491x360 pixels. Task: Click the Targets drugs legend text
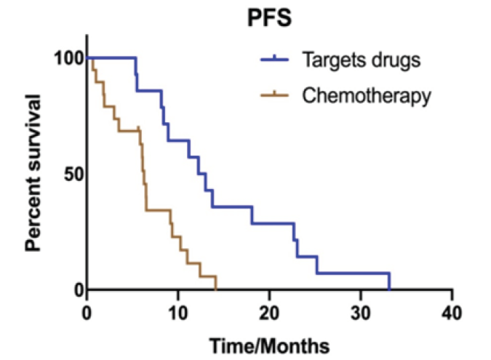point(362,60)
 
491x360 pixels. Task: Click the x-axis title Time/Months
point(269,343)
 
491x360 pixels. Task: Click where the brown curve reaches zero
point(216,289)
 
